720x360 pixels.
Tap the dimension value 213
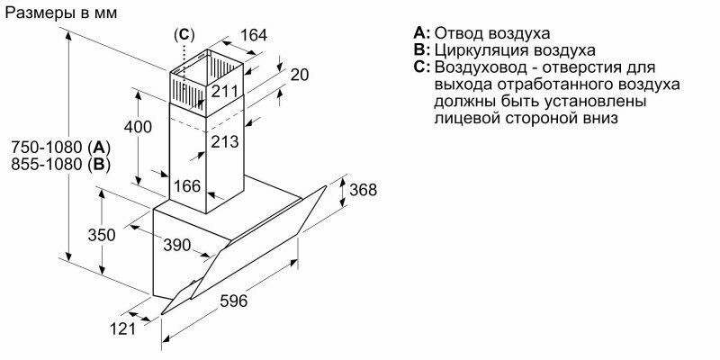pyautogui.click(x=224, y=141)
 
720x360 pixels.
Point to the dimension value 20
pyautogui.click(x=301, y=74)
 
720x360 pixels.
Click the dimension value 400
pyautogui.click(x=138, y=127)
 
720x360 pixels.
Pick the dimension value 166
pyautogui.click(x=187, y=187)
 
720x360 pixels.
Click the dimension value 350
pyautogui.click(x=103, y=235)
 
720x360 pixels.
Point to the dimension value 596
pyautogui.click(x=233, y=301)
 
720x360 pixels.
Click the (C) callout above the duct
pyautogui.click(x=184, y=33)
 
